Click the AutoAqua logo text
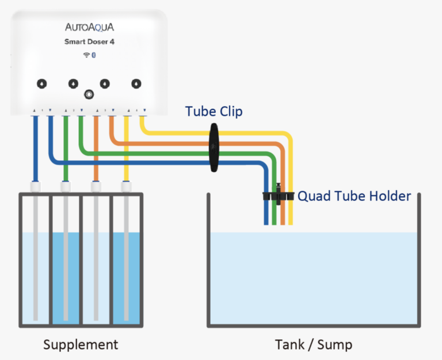[89, 27]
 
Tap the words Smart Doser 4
[89, 42]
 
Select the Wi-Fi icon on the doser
[86, 55]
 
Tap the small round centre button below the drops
[89, 94]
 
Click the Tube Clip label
[214, 111]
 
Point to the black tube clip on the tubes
[214, 148]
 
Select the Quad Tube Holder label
[354, 196]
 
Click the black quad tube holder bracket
[279, 196]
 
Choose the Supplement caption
[81, 345]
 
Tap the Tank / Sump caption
[313, 345]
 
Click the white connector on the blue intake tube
[36, 187]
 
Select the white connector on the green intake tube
[66, 187]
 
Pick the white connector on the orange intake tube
[96, 187]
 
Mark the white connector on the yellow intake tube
[126, 187]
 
